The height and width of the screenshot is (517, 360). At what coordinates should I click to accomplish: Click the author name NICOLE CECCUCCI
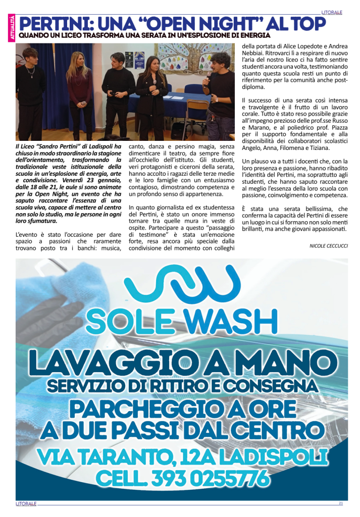(328, 246)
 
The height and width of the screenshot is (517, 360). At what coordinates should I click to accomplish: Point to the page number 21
(341, 503)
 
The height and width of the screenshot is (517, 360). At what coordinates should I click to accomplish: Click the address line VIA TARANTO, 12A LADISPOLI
(182, 456)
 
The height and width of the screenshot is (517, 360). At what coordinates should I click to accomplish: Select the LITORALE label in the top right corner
(332, 12)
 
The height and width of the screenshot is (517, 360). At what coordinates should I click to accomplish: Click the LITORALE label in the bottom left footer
(26, 503)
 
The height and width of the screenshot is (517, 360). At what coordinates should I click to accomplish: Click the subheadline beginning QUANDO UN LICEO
(144, 35)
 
